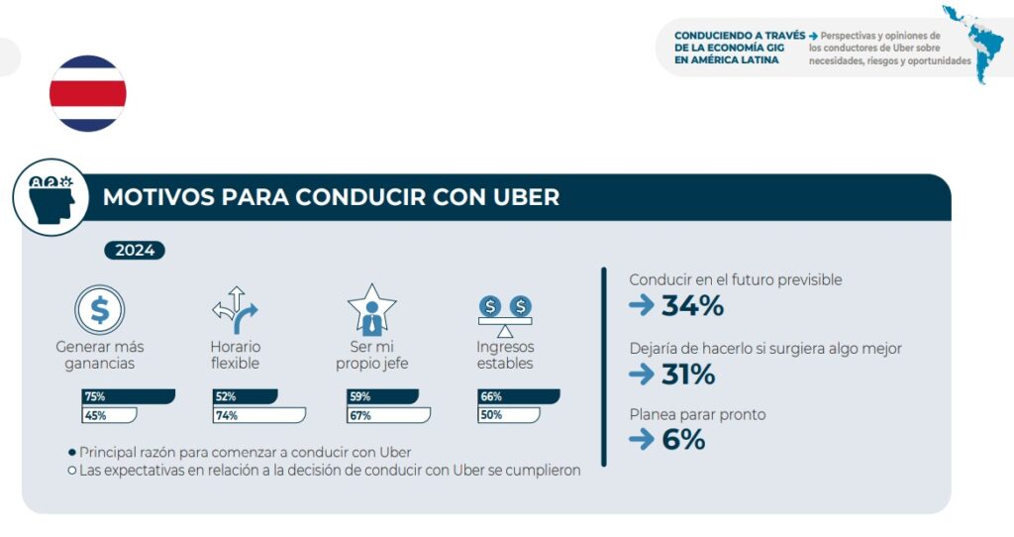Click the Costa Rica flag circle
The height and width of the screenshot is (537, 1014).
[88, 94]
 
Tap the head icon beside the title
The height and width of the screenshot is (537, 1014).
[51, 196]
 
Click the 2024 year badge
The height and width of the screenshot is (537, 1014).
[135, 250]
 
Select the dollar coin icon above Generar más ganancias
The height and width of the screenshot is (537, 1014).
[100, 310]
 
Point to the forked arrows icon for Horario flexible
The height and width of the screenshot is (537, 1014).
[235, 310]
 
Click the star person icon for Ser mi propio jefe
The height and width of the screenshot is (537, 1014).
[372, 310]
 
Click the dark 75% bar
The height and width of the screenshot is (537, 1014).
[128, 396]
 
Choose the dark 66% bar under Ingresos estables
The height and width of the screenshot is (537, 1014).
[518, 396]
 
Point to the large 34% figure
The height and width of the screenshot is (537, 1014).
[692, 306]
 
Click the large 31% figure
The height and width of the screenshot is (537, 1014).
[688, 375]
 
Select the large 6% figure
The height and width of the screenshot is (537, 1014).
[683, 441]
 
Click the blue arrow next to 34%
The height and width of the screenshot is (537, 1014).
[642, 306]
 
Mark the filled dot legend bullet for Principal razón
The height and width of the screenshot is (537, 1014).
[72, 452]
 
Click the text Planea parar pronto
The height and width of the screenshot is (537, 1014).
[697, 414]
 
